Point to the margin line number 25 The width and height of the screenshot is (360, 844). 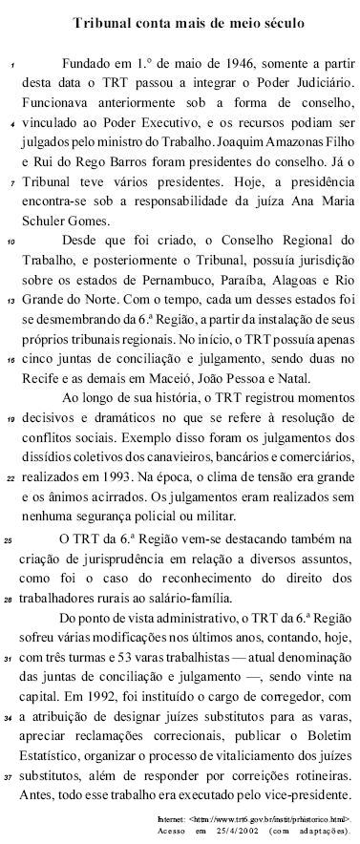10,540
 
